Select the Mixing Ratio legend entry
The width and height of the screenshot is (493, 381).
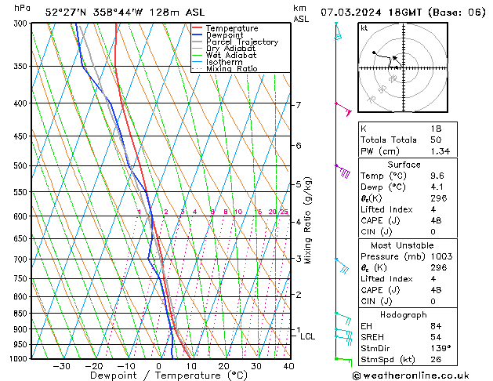point(232,69)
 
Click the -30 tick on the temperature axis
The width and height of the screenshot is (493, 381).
point(62,366)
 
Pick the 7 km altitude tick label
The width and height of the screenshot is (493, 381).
point(298,105)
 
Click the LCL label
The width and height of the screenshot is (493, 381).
point(308,336)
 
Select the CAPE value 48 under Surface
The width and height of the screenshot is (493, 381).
point(436,220)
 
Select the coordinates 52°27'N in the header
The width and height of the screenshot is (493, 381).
point(67,12)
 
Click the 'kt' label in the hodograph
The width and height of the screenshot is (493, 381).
point(364,27)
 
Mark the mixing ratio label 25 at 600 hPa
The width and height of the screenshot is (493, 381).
point(284,212)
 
